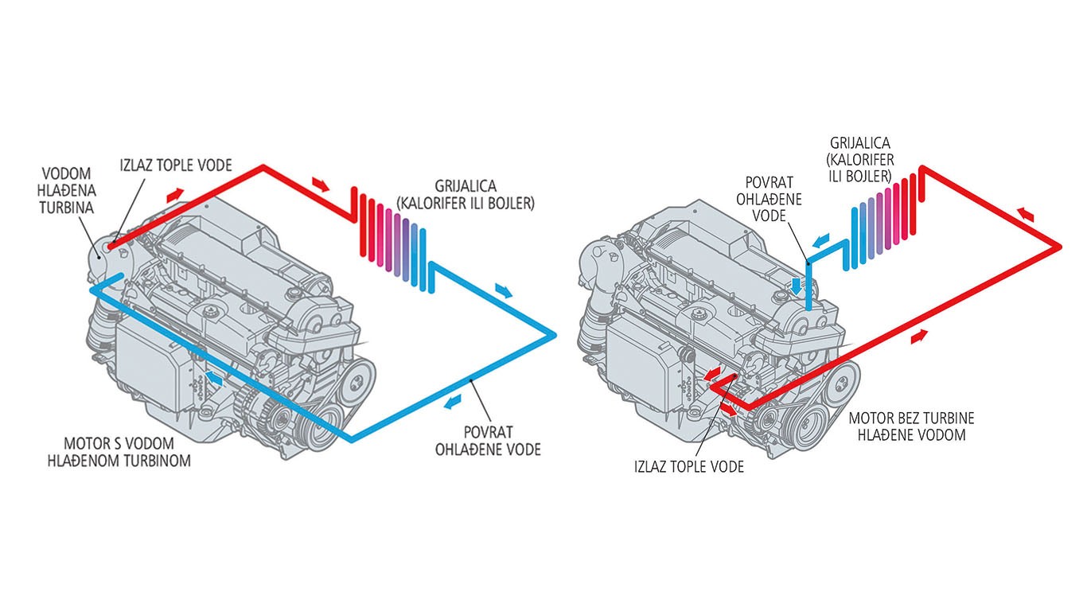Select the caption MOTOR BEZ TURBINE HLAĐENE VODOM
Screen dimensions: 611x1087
(x=911, y=426)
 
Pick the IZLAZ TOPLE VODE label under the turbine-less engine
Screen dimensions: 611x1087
(x=688, y=467)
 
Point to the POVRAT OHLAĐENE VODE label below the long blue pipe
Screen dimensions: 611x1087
(x=488, y=441)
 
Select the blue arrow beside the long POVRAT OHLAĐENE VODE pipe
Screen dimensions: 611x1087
(x=453, y=402)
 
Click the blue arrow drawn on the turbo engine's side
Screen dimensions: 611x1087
(x=212, y=377)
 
